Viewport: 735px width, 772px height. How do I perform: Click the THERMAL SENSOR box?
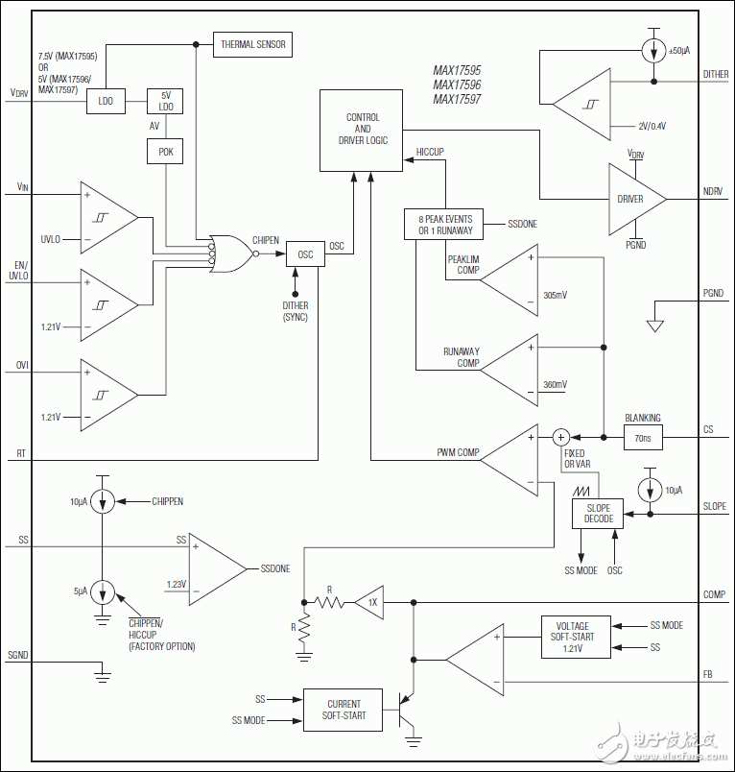pos(252,44)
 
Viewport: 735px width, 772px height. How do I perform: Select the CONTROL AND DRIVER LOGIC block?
pos(361,131)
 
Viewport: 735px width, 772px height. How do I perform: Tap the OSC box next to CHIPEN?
pos(305,254)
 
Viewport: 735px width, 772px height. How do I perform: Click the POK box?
pos(165,152)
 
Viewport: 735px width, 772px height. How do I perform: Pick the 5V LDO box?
pos(165,101)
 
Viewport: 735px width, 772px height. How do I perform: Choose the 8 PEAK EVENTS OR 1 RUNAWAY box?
pos(443,225)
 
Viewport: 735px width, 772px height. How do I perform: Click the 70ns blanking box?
pos(643,437)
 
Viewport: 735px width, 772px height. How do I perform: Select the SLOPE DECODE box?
pos(598,514)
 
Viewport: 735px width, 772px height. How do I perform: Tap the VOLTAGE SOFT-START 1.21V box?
pos(576,637)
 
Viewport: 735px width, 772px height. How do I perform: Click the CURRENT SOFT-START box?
pos(343,710)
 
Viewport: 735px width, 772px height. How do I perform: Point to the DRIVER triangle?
pos(637,199)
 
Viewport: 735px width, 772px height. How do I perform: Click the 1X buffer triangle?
pos(369,602)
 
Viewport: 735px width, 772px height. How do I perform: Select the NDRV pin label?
pos(712,191)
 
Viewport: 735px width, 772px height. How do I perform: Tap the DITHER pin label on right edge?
pos(715,74)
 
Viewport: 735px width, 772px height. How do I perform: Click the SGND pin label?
pos(17,655)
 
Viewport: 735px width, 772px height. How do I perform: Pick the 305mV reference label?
pos(555,295)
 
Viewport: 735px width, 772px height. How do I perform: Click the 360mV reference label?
pos(555,384)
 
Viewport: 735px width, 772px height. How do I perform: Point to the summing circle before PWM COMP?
pos(560,437)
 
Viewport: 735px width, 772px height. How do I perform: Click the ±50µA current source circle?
pos(653,50)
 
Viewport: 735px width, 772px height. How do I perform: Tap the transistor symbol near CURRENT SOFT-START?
pos(407,710)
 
